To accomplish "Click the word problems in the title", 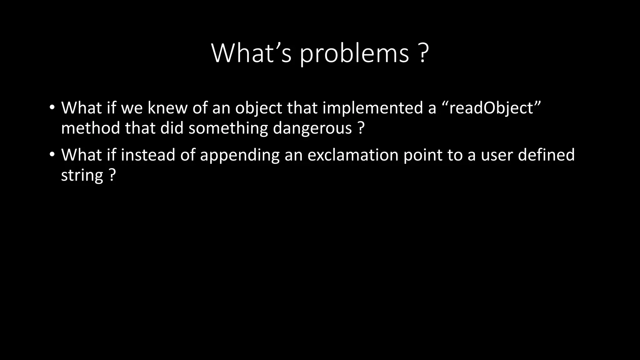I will (354, 54).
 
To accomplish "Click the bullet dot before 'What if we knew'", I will (52, 107).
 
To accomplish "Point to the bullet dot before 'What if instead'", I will (52, 154).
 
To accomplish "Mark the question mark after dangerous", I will (361, 128).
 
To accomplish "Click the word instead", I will (148, 155).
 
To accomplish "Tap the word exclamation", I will (353, 155).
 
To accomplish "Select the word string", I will (82, 176).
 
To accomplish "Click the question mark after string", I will (112, 175).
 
